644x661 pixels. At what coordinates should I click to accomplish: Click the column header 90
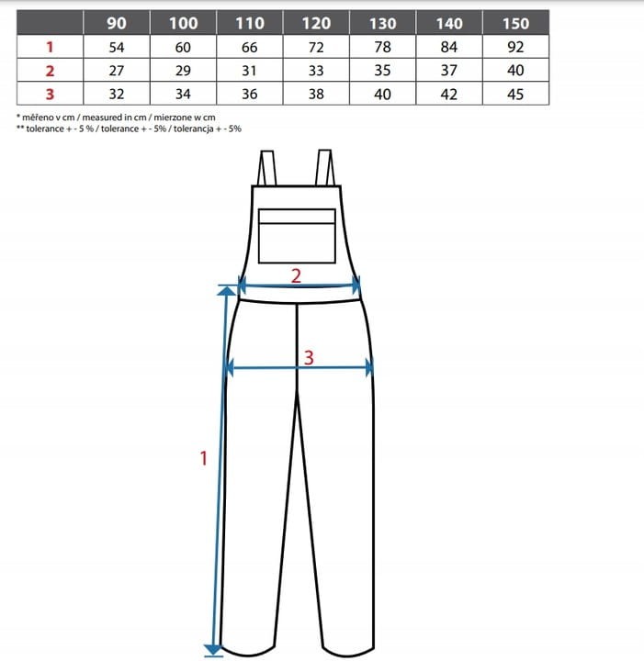[x=117, y=23]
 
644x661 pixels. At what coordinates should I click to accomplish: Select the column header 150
[x=515, y=23]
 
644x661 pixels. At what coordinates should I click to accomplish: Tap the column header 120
[x=316, y=23]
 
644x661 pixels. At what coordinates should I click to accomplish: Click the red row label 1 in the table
[x=50, y=47]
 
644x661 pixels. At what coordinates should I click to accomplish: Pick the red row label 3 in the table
[x=50, y=94]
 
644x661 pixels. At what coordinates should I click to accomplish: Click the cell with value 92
[x=515, y=47]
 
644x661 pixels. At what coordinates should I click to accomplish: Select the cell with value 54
[x=117, y=47]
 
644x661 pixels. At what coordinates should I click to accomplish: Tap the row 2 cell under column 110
[x=250, y=70]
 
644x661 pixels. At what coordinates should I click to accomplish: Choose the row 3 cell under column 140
[x=449, y=94]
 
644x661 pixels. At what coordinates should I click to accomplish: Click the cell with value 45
[x=515, y=94]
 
